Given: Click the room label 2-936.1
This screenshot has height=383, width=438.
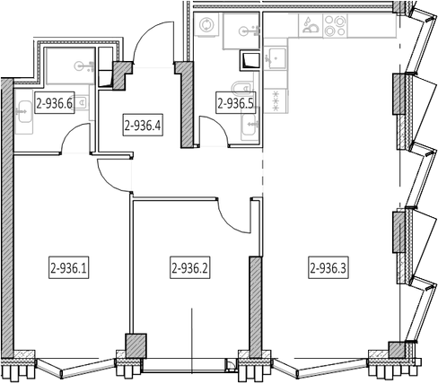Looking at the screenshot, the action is (x=69, y=267).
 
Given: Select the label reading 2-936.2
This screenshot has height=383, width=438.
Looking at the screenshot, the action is (x=190, y=267).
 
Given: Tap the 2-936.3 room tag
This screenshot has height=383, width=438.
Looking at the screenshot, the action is (x=328, y=267).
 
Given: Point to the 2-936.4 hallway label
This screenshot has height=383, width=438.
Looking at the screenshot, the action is (x=143, y=125).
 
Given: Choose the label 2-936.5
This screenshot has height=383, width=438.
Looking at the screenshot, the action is (x=236, y=102).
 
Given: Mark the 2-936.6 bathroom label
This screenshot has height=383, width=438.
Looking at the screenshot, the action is (x=55, y=102).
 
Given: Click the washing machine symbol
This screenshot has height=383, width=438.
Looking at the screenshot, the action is (x=206, y=24).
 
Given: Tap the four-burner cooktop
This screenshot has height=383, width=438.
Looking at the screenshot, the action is (x=335, y=25).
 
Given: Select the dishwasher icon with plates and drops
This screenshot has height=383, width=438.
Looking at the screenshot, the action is (x=311, y=25).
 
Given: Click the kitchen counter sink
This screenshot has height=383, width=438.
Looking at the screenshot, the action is (x=276, y=57).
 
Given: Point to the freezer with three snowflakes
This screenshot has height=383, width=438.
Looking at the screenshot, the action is (x=276, y=101).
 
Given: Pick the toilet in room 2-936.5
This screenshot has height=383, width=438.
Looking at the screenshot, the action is (x=241, y=89).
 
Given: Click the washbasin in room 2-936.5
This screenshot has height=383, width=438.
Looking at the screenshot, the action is (x=250, y=127).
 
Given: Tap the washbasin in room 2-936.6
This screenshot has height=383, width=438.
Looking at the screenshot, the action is (x=23, y=112).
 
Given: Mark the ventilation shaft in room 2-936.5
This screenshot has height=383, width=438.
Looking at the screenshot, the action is (x=250, y=60).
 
